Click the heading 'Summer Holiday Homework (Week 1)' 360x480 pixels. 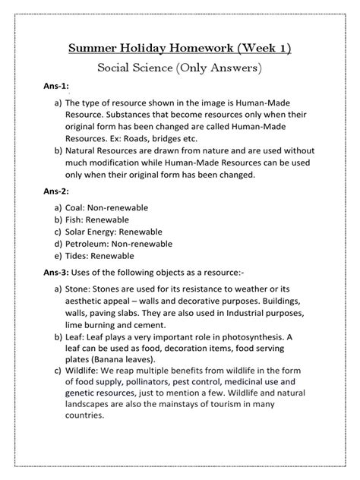180,49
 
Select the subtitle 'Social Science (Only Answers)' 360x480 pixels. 180,69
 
